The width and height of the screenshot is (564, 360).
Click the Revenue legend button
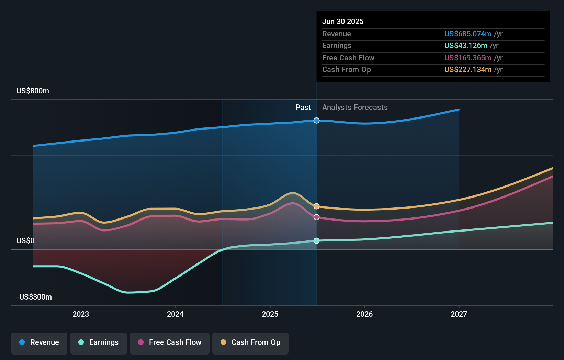(x=39, y=342)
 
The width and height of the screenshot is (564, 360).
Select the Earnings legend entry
(x=99, y=342)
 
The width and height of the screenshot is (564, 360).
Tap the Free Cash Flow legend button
(x=170, y=342)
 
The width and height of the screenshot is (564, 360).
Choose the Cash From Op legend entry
(x=250, y=342)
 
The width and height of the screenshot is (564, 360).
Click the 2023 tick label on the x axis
(x=81, y=314)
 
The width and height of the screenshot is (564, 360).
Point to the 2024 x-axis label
(x=175, y=314)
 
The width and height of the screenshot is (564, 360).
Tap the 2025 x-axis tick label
(x=270, y=314)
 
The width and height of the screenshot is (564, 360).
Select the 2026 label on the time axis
(x=364, y=314)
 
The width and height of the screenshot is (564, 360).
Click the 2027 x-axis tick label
(x=459, y=314)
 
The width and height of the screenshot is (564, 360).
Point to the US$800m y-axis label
(x=33, y=91)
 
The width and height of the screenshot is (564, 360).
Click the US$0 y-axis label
(x=25, y=240)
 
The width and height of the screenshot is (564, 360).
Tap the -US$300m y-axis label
(x=34, y=297)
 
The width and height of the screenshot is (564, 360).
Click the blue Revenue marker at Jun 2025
(x=317, y=121)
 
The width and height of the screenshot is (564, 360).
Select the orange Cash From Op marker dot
(x=317, y=206)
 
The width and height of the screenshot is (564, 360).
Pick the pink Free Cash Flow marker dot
(x=317, y=217)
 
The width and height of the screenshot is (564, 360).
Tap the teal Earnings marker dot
(x=317, y=241)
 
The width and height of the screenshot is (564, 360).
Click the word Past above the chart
(x=303, y=108)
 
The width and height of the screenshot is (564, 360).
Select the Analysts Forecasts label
(x=355, y=108)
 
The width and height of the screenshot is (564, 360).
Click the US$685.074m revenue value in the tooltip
(x=468, y=34)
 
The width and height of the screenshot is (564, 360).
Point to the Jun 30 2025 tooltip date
(x=343, y=22)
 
